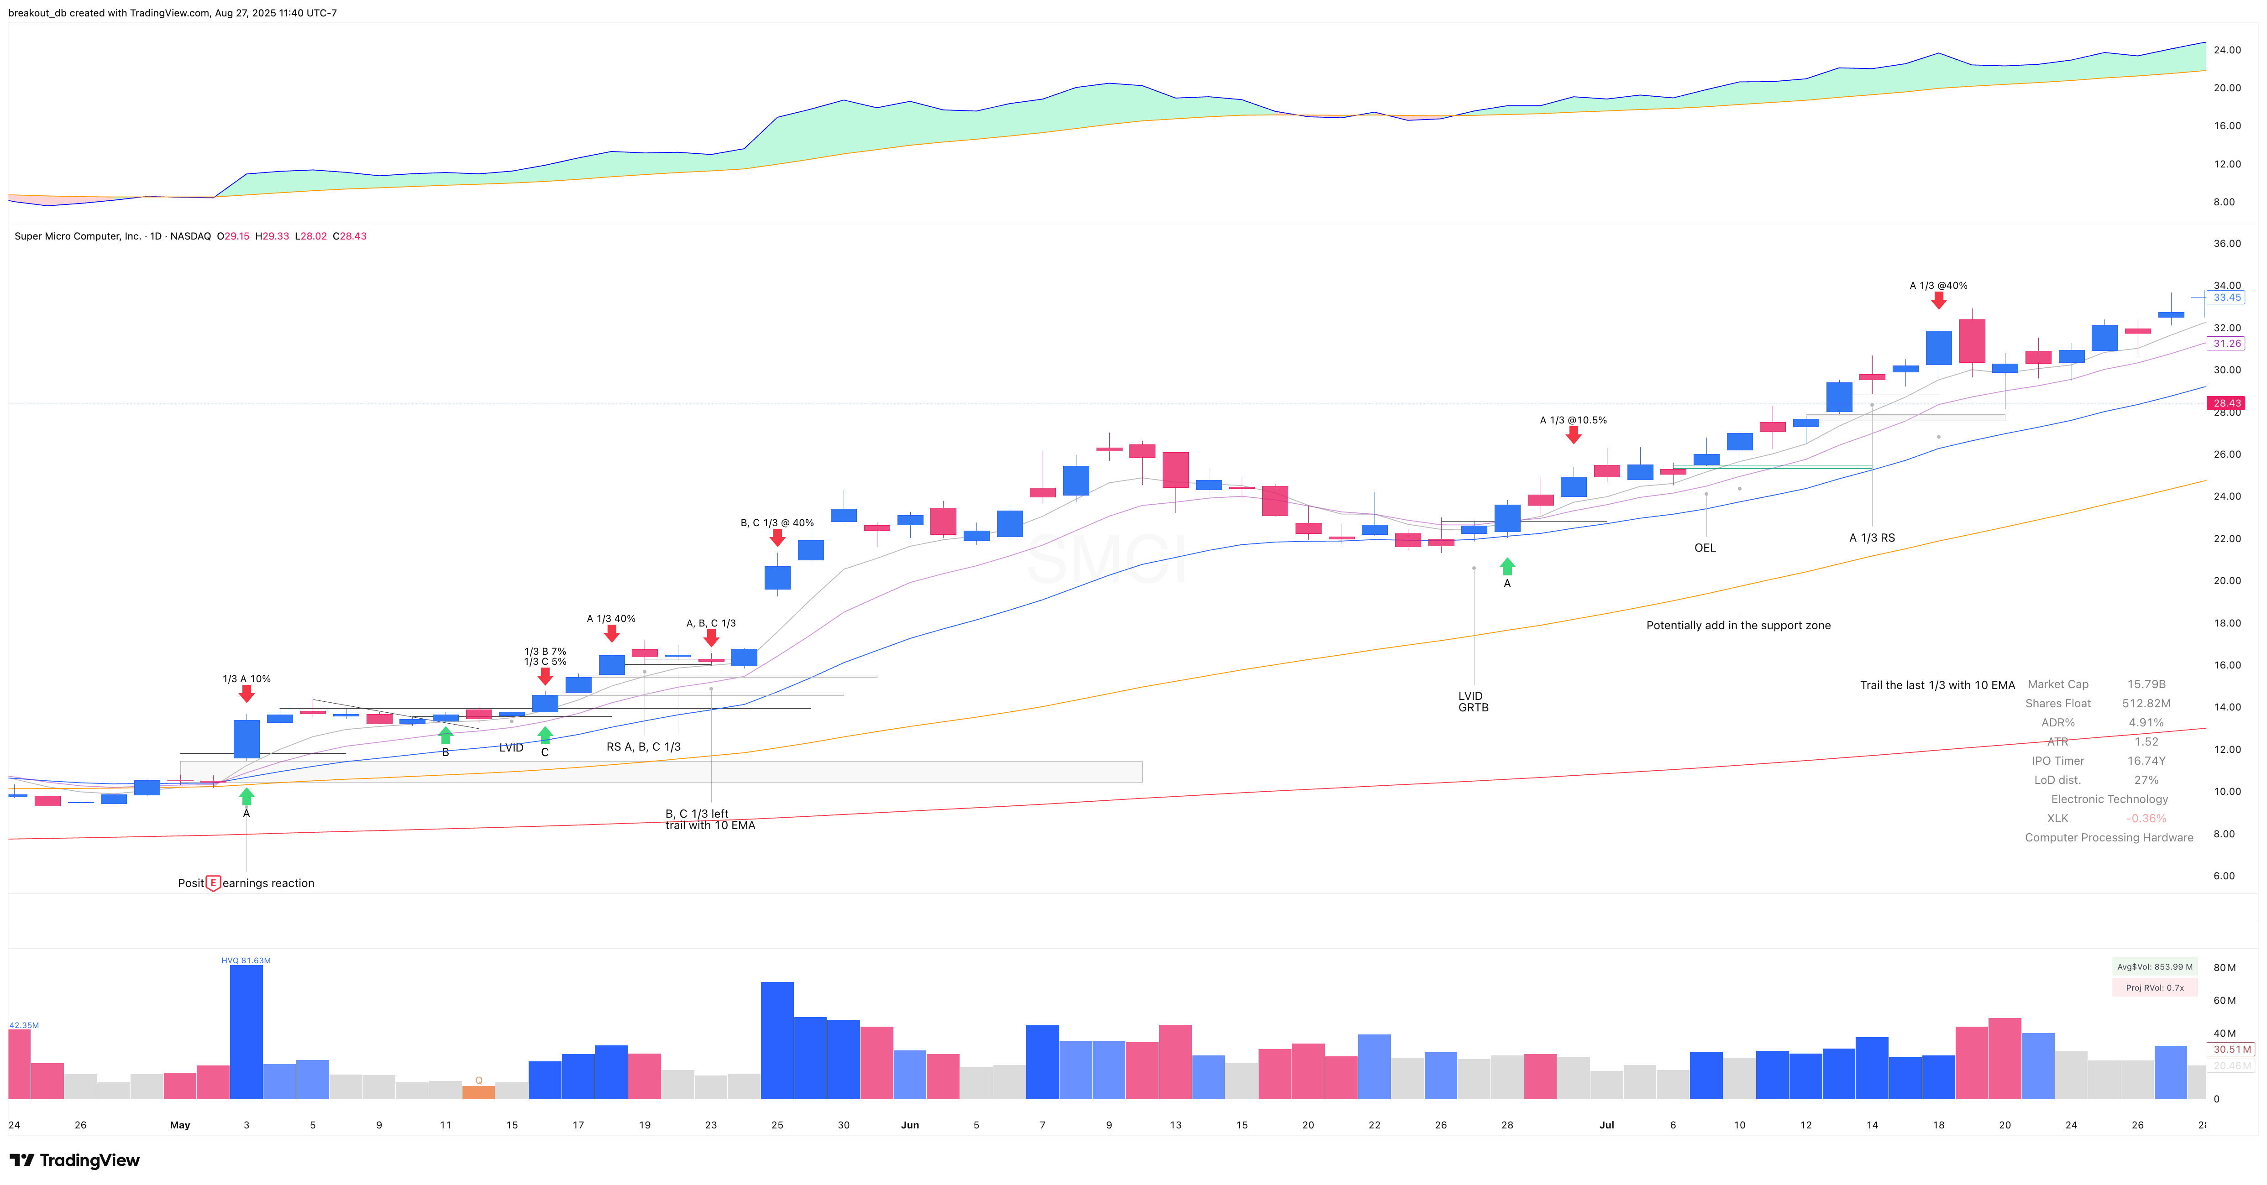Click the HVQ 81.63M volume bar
pos(247,1031)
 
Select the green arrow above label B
pos(445,735)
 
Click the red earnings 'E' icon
pos(213,882)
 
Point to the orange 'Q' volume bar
pos(479,1092)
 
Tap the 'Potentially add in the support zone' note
pos(1738,626)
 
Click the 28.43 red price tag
pos(2226,403)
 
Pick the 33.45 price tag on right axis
pos(2226,298)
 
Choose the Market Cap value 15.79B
pos(2146,684)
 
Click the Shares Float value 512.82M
pos(2146,704)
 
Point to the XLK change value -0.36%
pos(2146,818)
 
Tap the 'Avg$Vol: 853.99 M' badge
pos(2154,967)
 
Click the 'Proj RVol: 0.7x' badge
pos(2154,988)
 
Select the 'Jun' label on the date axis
pos(910,1125)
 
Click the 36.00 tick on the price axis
pos(2226,244)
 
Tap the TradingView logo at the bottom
pos(75,1160)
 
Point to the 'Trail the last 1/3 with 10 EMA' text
pos(1937,685)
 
